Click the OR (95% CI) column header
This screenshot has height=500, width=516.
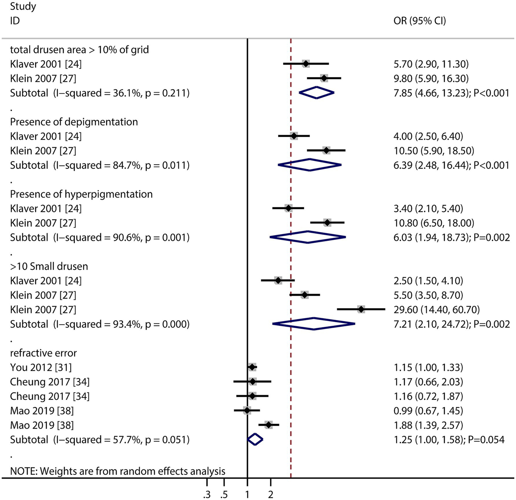420,21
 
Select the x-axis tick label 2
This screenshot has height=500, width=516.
271,495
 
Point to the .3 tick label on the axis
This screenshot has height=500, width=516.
206,495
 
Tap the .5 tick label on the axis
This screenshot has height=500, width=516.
224,495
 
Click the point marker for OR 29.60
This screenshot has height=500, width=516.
361,309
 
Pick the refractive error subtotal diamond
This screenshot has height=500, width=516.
255,439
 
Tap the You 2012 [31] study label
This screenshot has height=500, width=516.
41,367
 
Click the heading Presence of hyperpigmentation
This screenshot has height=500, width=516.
81,194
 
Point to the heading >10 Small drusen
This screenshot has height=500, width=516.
49,266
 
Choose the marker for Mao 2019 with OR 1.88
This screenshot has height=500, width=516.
268,425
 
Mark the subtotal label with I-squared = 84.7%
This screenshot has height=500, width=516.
100,165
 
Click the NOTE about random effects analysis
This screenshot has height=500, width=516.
118,471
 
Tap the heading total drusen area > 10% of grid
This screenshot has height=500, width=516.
79,50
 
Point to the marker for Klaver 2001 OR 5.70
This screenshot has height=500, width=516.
306,64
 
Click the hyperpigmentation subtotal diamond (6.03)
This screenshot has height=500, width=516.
308,237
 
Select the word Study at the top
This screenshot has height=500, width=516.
23,6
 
